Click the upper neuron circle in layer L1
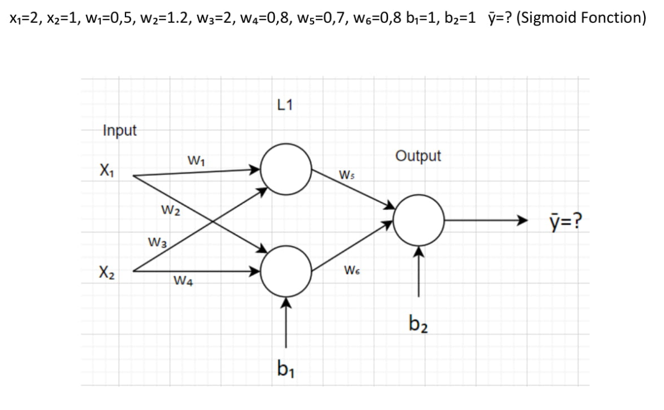coord(286,170)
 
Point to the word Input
coord(120,130)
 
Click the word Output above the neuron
coord(418,156)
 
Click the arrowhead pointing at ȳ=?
coord(519,221)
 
